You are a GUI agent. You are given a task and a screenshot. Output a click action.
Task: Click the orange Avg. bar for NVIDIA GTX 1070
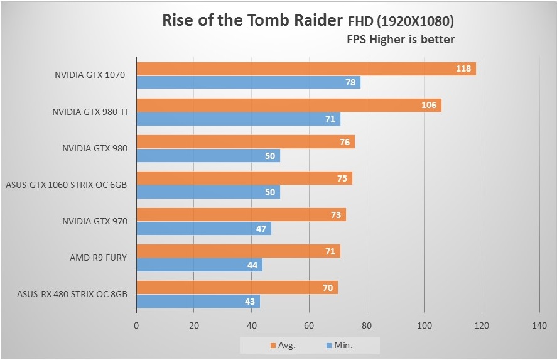pyautogui.click(x=306, y=68)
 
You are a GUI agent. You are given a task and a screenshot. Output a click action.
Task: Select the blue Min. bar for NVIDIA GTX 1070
pyautogui.click(x=248, y=82)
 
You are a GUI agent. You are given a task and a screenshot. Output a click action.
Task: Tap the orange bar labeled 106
pyautogui.click(x=289, y=105)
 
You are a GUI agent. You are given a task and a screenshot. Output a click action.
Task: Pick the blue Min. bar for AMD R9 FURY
pyautogui.click(x=199, y=265)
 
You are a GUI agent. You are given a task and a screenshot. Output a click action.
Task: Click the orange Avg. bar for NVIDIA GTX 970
pyautogui.click(x=241, y=215)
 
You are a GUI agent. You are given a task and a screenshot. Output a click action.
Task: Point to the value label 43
pyautogui.click(x=250, y=302)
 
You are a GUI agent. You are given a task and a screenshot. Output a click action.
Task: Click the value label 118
pyautogui.click(x=463, y=68)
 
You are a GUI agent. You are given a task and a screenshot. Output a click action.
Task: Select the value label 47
pyautogui.click(x=262, y=229)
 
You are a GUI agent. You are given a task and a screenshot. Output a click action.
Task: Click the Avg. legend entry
pyautogui.click(x=283, y=344)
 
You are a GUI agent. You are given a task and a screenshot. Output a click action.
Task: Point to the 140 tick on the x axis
pyautogui.click(x=539, y=326)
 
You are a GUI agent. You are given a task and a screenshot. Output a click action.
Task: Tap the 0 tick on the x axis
pyautogui.click(x=136, y=326)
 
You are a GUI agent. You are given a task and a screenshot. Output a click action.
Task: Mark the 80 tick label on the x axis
pyautogui.click(x=367, y=326)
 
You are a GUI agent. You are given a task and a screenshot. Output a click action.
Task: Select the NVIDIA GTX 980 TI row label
pyautogui.click(x=89, y=112)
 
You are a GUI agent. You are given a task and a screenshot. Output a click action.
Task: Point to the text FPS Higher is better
pyautogui.click(x=401, y=39)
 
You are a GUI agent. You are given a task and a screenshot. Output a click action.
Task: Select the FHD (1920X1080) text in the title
pyautogui.click(x=401, y=21)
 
